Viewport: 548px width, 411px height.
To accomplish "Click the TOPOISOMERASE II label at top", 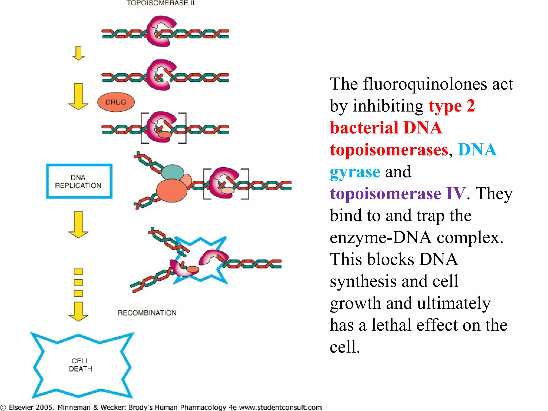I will pyautogui.click(x=161, y=3).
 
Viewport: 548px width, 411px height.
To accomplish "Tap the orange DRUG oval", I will pyautogui.click(x=116, y=102).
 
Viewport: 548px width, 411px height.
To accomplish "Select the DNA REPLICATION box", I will pyautogui.click(x=79, y=181).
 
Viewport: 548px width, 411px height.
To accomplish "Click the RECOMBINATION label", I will pyautogui.click(x=147, y=313).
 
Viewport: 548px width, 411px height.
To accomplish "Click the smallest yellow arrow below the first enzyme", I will pyautogui.click(x=78, y=53).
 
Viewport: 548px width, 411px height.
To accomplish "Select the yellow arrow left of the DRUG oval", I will pyautogui.click(x=78, y=96).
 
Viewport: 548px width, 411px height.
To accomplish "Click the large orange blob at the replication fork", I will pyautogui.click(x=172, y=190).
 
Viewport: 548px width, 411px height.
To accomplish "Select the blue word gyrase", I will pyautogui.click(x=355, y=172).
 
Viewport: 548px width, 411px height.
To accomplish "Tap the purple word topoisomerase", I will pyautogui.click(x=385, y=193).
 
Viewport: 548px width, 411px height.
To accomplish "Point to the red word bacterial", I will pyautogui.click(x=364, y=128).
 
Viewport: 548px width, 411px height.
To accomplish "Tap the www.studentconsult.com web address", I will pyautogui.click(x=280, y=407).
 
